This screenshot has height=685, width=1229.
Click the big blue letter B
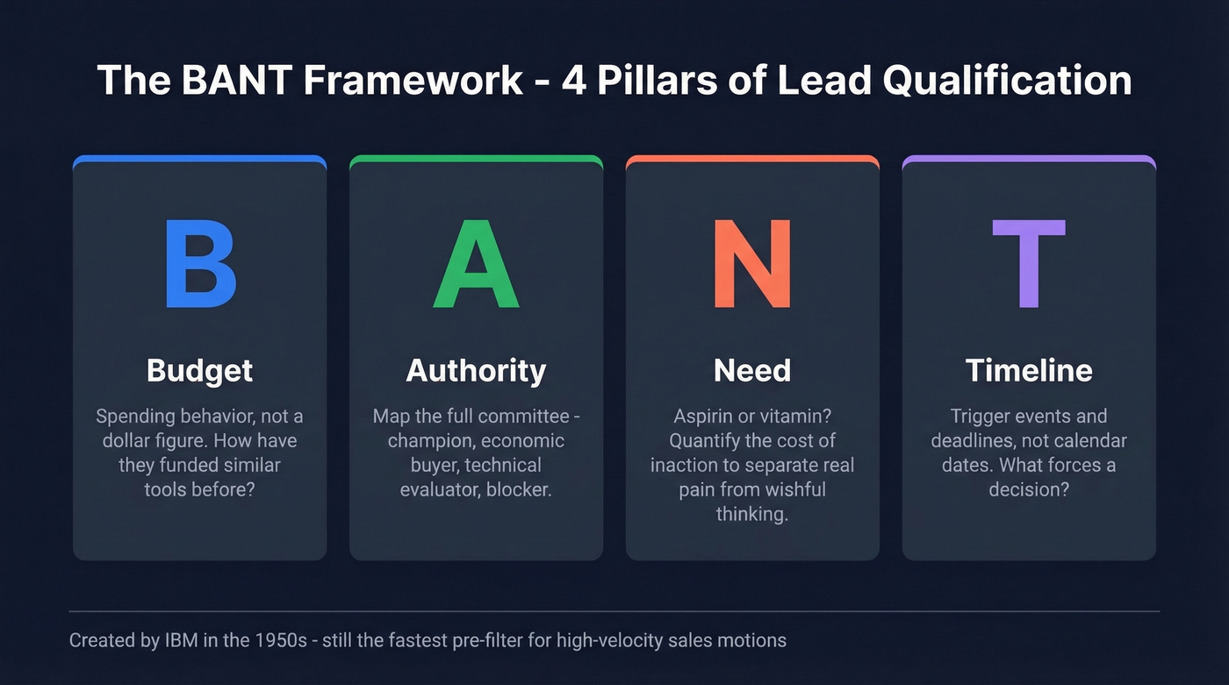tap(200, 263)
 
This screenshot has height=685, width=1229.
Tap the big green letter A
tap(476, 263)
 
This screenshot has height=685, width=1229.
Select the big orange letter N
tap(752, 263)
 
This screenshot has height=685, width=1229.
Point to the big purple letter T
tap(1029, 263)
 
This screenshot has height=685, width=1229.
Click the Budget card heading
tap(200, 370)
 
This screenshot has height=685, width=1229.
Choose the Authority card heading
tap(476, 370)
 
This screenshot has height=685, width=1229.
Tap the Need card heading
tap(752, 370)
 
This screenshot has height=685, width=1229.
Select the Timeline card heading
tap(1029, 370)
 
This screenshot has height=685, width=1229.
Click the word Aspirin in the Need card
tap(704, 416)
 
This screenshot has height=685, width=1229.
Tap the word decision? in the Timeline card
tap(1029, 489)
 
